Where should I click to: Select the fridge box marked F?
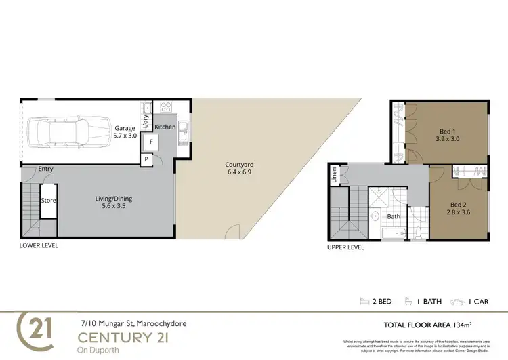click(x=151, y=142)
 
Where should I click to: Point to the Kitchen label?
click(x=165, y=127)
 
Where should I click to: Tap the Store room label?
click(x=47, y=201)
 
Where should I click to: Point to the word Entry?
click(x=46, y=169)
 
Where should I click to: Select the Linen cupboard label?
click(x=334, y=176)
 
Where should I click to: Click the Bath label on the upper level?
click(x=393, y=217)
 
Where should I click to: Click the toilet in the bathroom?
click(x=419, y=232)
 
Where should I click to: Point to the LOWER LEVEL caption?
click(x=39, y=246)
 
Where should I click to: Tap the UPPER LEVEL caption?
click(x=345, y=247)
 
